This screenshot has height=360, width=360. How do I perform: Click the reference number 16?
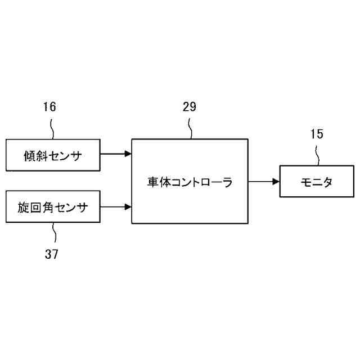(49, 107)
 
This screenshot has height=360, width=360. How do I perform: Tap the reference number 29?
(189, 107)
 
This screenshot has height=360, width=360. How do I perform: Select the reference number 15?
(317, 134)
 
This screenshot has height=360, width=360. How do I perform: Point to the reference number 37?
(52, 254)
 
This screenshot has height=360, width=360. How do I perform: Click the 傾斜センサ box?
(53, 154)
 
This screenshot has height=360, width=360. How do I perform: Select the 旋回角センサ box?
(53, 207)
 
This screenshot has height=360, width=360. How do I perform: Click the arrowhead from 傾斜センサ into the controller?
(128, 153)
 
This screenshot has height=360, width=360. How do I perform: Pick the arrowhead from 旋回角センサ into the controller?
(128, 206)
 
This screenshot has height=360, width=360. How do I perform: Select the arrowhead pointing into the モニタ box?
(276, 181)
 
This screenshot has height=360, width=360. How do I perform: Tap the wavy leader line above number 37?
(53, 232)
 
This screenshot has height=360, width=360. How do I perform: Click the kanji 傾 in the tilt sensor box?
(30, 155)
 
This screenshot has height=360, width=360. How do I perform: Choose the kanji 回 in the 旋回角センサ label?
(40, 208)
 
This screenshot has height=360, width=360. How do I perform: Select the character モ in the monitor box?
(304, 182)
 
